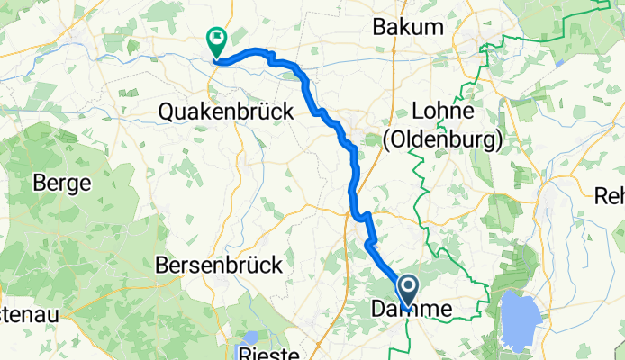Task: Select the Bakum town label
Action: tap(408, 27)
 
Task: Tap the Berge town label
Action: tap(61, 183)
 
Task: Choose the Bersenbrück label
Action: tap(220, 265)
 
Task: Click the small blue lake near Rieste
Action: tap(245, 335)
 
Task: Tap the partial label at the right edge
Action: tap(611, 194)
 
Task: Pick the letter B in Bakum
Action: tap(379, 27)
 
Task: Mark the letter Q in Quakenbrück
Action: tap(166, 112)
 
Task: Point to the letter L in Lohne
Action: tap(417, 112)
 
